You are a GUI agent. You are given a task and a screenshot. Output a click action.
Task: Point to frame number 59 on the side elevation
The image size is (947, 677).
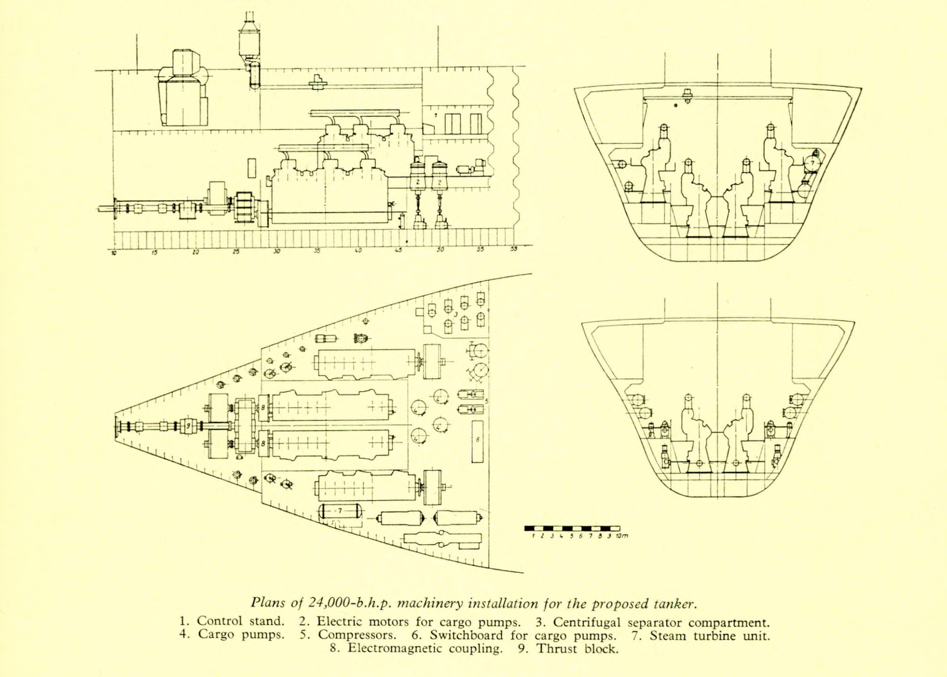tap(514, 250)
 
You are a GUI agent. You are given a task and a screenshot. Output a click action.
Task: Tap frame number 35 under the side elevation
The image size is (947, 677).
tap(317, 251)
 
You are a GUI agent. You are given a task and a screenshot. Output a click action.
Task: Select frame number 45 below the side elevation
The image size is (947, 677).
tap(398, 251)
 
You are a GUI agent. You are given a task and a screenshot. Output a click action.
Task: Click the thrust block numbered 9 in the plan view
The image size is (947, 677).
tap(188, 426)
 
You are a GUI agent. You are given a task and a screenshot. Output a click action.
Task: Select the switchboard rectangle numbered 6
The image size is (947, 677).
tap(478, 441)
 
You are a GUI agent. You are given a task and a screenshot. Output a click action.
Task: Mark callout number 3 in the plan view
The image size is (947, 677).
tap(456, 314)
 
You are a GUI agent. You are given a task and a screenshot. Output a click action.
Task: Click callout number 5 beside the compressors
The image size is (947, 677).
tap(487, 401)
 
